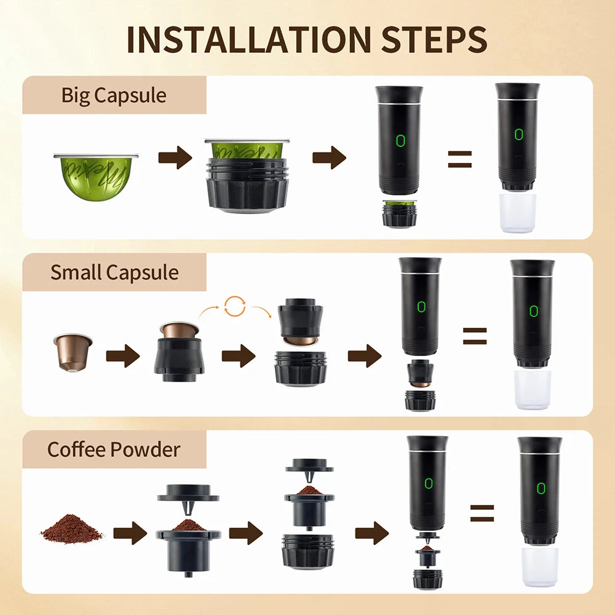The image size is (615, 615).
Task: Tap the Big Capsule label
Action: click(114, 95)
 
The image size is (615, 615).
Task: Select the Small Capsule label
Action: click(114, 272)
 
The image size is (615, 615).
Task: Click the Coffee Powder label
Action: click(114, 449)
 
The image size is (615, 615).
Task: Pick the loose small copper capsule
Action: click(73, 352)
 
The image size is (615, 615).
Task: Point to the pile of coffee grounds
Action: click(72, 529)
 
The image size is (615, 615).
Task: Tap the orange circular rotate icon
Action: click(235, 306)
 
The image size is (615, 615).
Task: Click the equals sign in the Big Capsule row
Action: click(459, 159)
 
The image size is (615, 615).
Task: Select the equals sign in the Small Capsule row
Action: click(474, 336)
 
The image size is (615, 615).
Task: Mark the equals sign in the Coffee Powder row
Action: click(482, 513)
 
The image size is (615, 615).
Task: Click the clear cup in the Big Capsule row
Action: click(518, 213)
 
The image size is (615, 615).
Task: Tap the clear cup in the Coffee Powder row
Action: click(539, 566)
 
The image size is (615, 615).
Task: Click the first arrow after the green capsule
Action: click(175, 158)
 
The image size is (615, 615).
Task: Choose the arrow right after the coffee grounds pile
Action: click(130, 533)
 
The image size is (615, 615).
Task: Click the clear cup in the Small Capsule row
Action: click(533, 389)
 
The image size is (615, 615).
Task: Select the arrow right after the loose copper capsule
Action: click(122, 356)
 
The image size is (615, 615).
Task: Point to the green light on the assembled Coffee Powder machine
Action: click(540, 488)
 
